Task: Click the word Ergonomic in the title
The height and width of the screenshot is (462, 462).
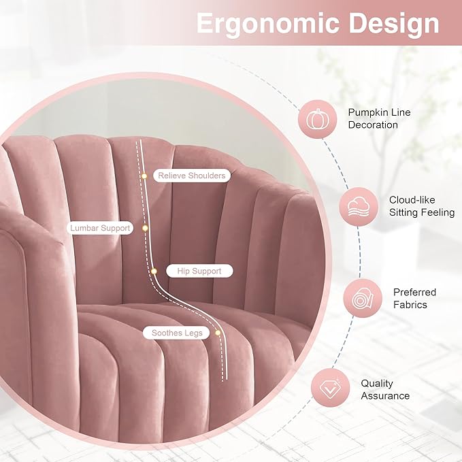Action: (x=268, y=24)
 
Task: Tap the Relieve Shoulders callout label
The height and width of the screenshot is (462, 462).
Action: (x=192, y=176)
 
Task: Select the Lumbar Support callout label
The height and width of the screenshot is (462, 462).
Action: (x=100, y=228)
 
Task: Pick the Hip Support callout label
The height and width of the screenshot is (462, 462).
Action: (x=199, y=271)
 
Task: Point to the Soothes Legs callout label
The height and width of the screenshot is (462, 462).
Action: (x=176, y=333)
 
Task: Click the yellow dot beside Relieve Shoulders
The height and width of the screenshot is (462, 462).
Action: (x=144, y=176)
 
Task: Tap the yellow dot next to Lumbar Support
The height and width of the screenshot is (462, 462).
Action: (x=145, y=228)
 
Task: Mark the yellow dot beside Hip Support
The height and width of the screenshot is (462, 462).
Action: (x=154, y=271)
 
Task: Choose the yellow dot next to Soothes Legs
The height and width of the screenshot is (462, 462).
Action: (x=218, y=333)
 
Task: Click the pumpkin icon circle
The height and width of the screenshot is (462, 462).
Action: (x=318, y=119)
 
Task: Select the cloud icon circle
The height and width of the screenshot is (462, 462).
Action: (x=359, y=207)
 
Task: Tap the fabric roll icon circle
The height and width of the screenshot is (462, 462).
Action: (x=363, y=298)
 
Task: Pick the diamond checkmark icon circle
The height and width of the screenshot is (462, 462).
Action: (x=330, y=388)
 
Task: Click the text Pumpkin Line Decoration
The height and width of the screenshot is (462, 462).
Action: (x=379, y=118)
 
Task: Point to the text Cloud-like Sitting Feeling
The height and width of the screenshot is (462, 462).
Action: (x=422, y=206)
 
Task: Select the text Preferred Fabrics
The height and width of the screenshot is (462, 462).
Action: (x=414, y=298)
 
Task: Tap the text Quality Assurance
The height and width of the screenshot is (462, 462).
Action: (x=385, y=389)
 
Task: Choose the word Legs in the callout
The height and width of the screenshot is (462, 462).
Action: (x=194, y=333)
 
